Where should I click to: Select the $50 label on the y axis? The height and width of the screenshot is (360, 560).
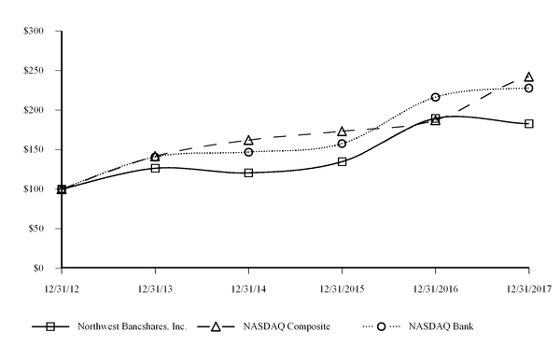click(x=35, y=228)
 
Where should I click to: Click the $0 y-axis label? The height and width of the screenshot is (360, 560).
click(x=38, y=268)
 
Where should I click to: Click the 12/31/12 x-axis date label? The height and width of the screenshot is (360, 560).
click(x=62, y=288)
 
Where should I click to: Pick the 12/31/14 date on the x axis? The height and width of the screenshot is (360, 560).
click(x=248, y=288)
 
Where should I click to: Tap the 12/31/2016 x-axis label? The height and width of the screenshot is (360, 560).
click(x=435, y=288)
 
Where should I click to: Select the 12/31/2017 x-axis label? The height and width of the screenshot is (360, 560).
click(x=528, y=288)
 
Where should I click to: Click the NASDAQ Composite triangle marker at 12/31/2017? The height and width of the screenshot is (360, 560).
click(x=528, y=77)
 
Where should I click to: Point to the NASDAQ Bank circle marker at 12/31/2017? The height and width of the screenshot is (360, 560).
click(x=528, y=88)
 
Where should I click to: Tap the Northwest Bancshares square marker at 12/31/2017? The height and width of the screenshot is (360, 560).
click(x=528, y=123)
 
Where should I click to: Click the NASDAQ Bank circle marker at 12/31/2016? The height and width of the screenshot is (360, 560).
click(x=435, y=97)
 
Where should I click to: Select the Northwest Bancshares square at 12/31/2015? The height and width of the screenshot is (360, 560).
click(x=342, y=161)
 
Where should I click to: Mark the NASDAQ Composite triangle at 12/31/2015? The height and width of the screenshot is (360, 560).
click(x=342, y=132)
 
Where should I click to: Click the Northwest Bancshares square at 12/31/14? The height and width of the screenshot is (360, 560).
click(x=248, y=173)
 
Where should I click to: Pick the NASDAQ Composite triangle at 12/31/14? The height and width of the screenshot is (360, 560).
click(x=248, y=140)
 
